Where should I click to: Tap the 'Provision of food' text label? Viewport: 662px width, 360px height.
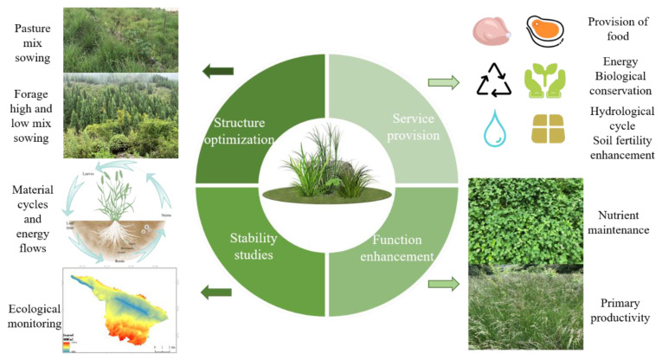point(617,29)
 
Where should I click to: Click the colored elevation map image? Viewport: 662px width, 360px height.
point(120,312)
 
